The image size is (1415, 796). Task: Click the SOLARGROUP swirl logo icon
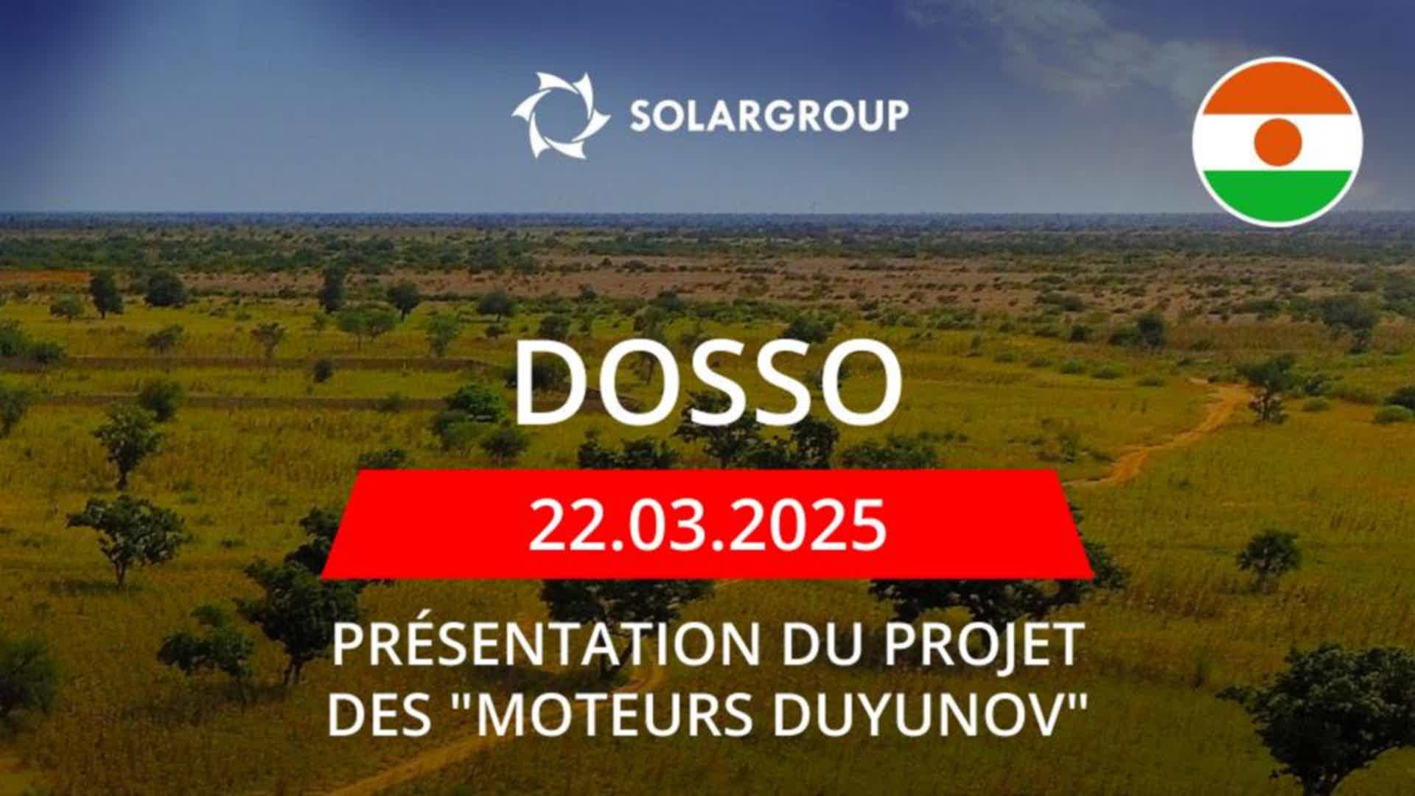(x=560, y=115)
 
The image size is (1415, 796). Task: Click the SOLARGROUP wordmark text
(x=769, y=116)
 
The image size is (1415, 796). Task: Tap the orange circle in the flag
(x=1277, y=142)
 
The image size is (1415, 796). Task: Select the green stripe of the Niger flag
(x=1277, y=196)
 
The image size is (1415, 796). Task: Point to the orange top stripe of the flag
(x=1277, y=86)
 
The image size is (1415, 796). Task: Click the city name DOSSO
(x=707, y=385)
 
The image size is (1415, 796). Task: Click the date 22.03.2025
(x=707, y=526)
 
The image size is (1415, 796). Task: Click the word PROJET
(x=984, y=643)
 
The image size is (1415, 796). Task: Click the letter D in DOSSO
(x=550, y=385)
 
